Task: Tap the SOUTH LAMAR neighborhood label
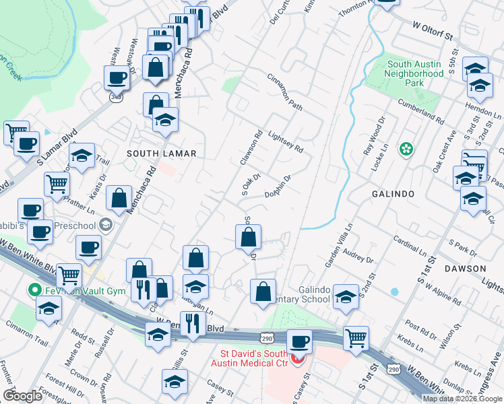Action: [162, 154]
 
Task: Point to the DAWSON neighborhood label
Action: [465, 269]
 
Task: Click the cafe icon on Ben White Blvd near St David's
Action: [299, 341]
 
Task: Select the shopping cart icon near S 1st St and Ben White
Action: [356, 338]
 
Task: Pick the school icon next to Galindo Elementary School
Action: [346, 297]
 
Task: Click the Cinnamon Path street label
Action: [286, 94]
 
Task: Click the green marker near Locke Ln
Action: [406, 149]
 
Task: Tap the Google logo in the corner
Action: [22, 396]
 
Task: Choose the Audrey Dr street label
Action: [358, 257]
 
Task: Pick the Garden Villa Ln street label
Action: [338, 246]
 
